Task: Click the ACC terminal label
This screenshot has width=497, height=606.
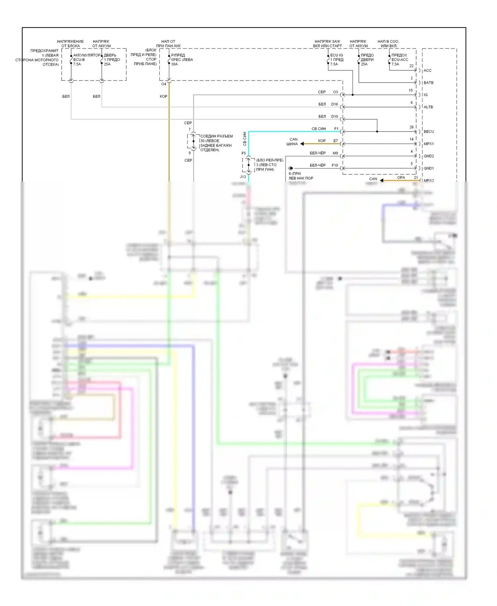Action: (x=427, y=70)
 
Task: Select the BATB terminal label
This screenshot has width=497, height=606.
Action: (x=428, y=83)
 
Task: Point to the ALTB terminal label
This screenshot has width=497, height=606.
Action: (x=428, y=107)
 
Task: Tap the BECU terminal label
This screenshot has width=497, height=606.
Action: (x=429, y=132)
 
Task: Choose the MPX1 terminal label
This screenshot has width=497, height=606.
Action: (x=429, y=144)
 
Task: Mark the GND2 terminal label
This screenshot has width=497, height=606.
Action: (x=429, y=156)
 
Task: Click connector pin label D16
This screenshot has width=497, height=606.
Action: (x=335, y=104)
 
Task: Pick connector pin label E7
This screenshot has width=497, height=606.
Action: (x=336, y=141)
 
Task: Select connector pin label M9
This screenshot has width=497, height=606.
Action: (x=335, y=153)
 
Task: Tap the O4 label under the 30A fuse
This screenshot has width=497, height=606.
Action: (x=164, y=84)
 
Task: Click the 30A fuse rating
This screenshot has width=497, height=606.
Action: (x=174, y=64)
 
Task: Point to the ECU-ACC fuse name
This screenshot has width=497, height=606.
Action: (x=400, y=60)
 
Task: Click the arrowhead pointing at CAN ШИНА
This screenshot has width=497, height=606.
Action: (x=302, y=144)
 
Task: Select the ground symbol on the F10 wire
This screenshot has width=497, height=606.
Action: (x=290, y=168)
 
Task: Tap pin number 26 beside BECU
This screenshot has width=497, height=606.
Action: (x=412, y=127)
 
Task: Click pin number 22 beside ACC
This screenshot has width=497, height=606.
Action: (x=412, y=66)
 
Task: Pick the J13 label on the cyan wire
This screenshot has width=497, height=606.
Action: (x=243, y=177)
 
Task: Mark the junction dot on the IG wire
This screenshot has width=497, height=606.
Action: (x=353, y=95)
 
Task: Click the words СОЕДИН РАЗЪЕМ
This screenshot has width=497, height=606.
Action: (x=216, y=136)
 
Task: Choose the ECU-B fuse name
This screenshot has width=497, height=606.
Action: (x=79, y=60)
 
